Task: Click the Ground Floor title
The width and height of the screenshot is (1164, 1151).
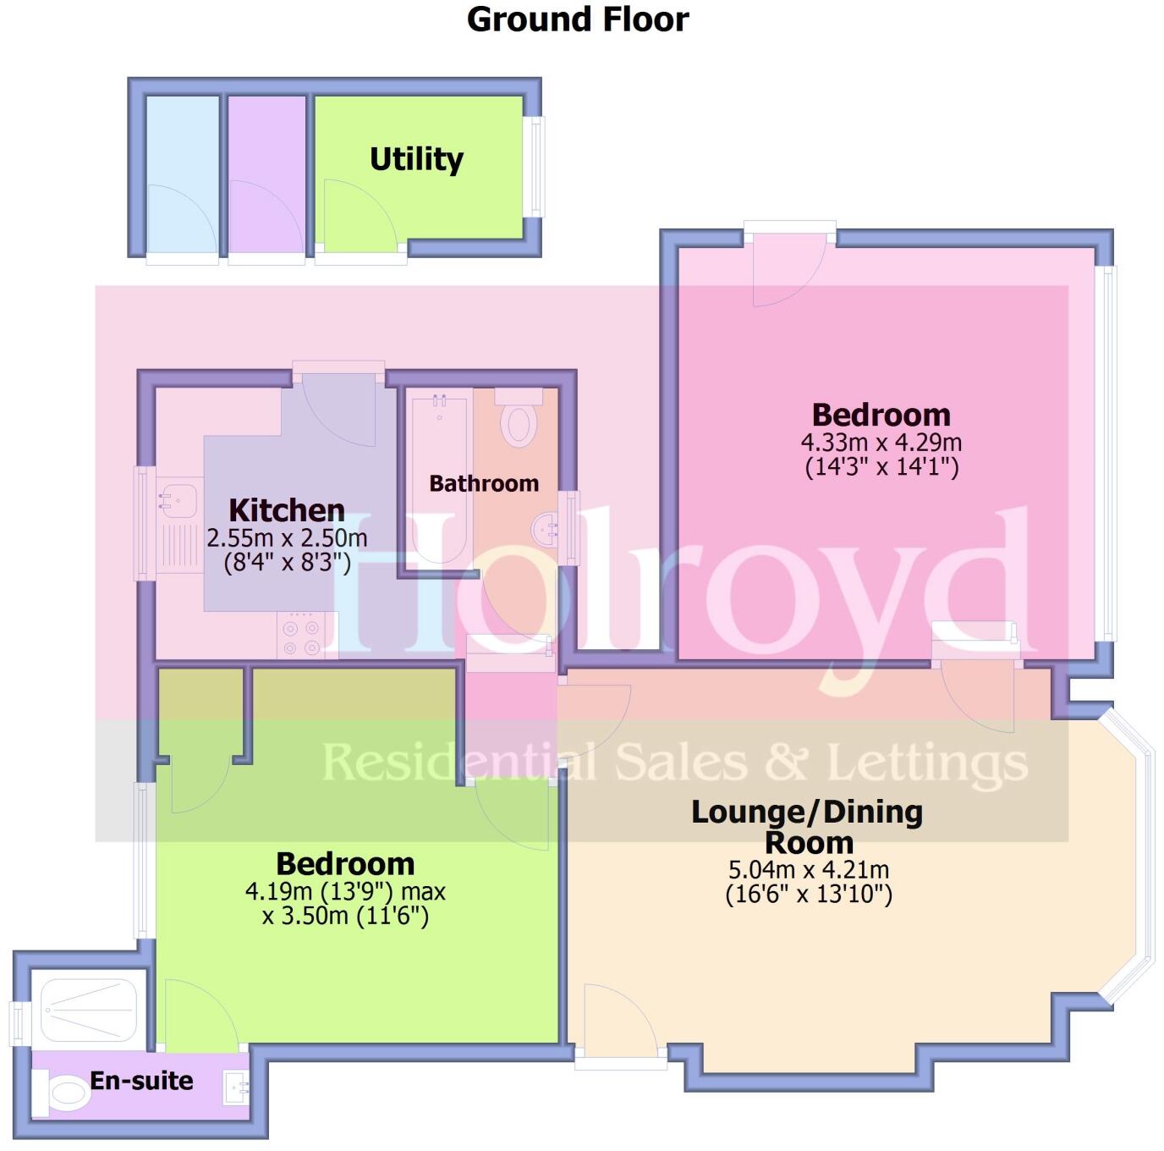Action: (578, 19)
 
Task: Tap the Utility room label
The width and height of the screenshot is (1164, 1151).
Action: (416, 159)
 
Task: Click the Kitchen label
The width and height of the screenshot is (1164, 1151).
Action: (287, 510)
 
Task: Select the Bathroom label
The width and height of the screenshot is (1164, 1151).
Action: (484, 483)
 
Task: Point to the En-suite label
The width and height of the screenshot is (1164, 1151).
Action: (141, 1081)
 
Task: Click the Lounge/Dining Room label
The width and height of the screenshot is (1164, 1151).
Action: (808, 827)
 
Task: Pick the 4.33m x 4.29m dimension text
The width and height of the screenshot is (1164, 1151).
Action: (881, 442)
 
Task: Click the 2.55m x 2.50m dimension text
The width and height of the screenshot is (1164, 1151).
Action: (287, 537)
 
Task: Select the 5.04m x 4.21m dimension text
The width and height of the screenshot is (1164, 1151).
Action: (809, 869)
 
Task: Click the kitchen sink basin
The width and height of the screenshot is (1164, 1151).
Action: (175, 498)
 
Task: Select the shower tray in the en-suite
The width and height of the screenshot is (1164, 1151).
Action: (89, 1011)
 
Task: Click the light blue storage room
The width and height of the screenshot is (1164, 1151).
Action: (182, 173)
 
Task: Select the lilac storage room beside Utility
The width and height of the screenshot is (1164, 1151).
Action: (266, 173)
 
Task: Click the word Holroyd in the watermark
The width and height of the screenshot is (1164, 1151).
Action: (677, 592)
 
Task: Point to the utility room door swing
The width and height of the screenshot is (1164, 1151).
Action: (355, 216)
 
